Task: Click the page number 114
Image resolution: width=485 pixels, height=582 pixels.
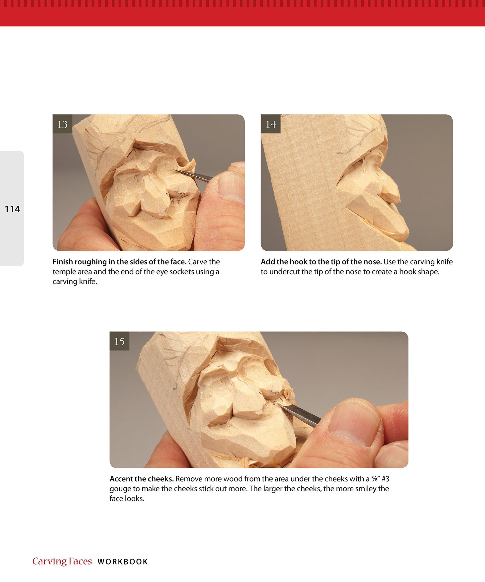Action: [x=12, y=209]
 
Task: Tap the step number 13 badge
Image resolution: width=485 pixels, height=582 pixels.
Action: [x=62, y=124]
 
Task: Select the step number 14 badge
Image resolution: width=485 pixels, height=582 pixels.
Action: [x=271, y=124]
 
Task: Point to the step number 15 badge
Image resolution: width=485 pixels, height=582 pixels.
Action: [x=120, y=341]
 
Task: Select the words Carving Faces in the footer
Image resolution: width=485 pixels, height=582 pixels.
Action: [x=62, y=561]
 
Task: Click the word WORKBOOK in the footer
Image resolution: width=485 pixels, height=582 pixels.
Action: [x=123, y=562]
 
